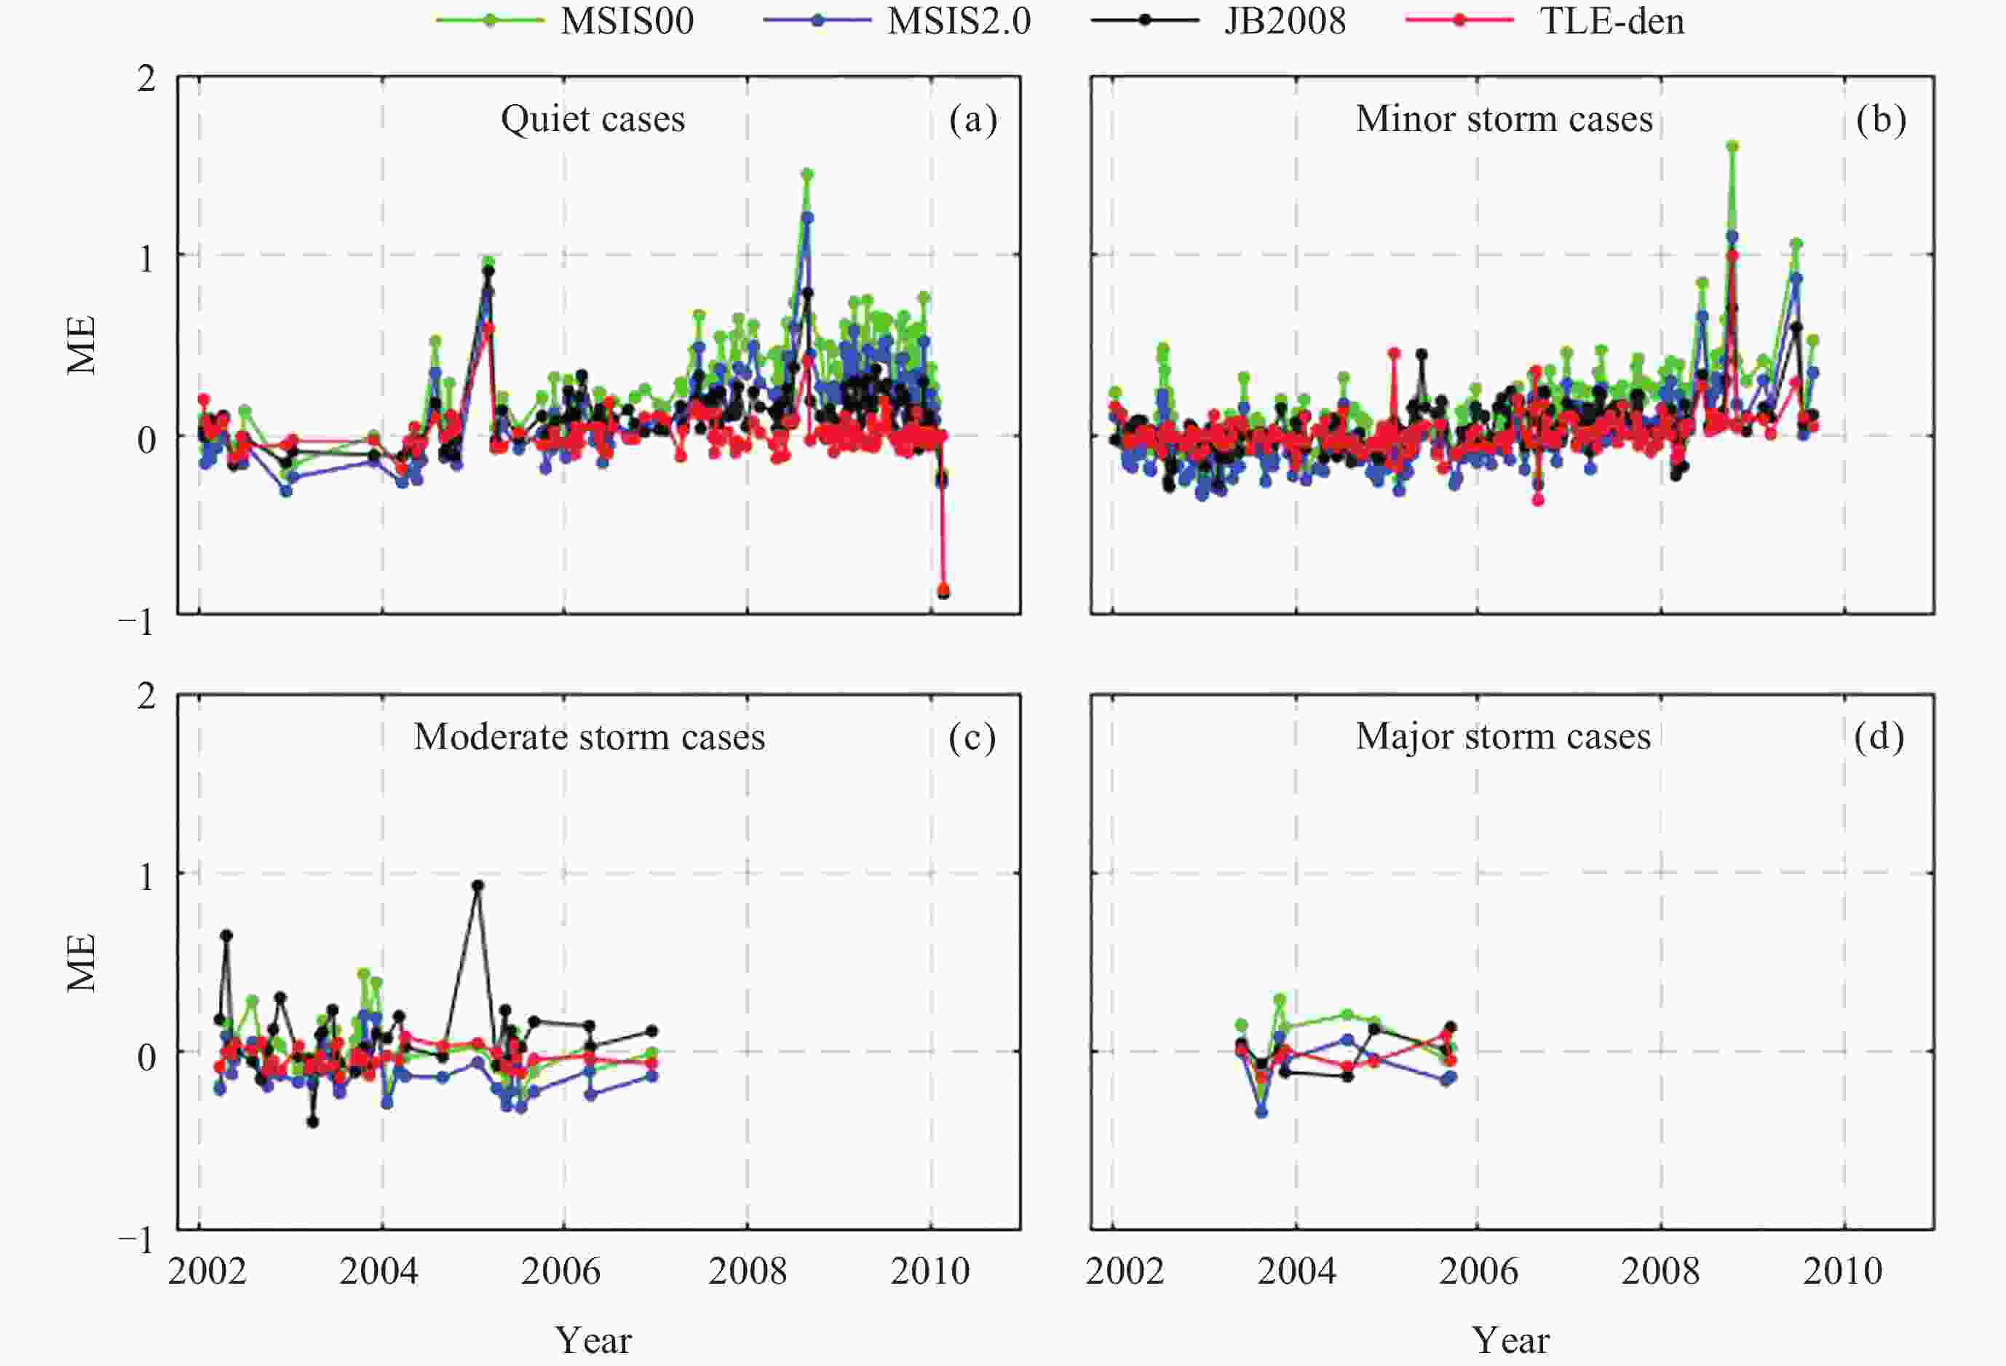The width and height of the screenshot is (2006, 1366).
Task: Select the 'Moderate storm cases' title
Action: [589, 737]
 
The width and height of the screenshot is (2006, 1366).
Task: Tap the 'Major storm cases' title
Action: [1503, 737]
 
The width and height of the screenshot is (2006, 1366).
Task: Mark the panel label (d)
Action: [1879, 737]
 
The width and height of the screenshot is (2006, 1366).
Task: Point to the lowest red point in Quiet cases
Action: [943, 589]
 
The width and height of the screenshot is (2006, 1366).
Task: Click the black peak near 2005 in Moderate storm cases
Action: [477, 885]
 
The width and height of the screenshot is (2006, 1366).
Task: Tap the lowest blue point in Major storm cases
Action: [1261, 1112]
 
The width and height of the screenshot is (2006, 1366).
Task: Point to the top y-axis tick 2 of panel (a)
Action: [147, 79]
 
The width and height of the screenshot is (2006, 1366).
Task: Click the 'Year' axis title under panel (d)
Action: [1510, 1340]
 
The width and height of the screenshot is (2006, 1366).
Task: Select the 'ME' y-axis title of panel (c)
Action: [82, 963]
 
